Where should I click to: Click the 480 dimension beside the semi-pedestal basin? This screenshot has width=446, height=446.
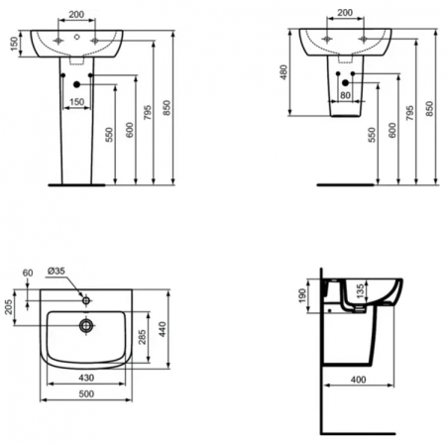tap(283, 74)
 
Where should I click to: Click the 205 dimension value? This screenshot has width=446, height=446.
tap(10, 306)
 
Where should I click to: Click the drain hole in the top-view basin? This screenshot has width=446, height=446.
tap(88, 323)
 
